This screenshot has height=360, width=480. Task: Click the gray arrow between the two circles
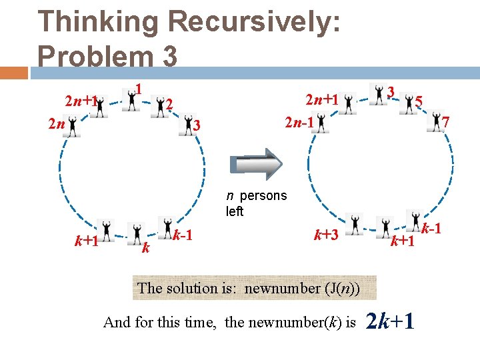pos(256,164)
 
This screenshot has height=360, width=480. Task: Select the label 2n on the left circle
pos(56,124)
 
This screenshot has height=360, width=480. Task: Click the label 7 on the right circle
pos(446,122)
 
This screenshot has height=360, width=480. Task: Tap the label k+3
pos(327,234)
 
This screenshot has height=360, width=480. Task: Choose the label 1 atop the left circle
pos(139,89)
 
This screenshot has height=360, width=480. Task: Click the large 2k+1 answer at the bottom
pos(391,321)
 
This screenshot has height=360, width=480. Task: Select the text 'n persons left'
pos(256,203)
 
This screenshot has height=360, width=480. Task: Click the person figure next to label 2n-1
pos(321,123)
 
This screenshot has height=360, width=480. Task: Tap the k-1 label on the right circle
pos(433,228)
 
